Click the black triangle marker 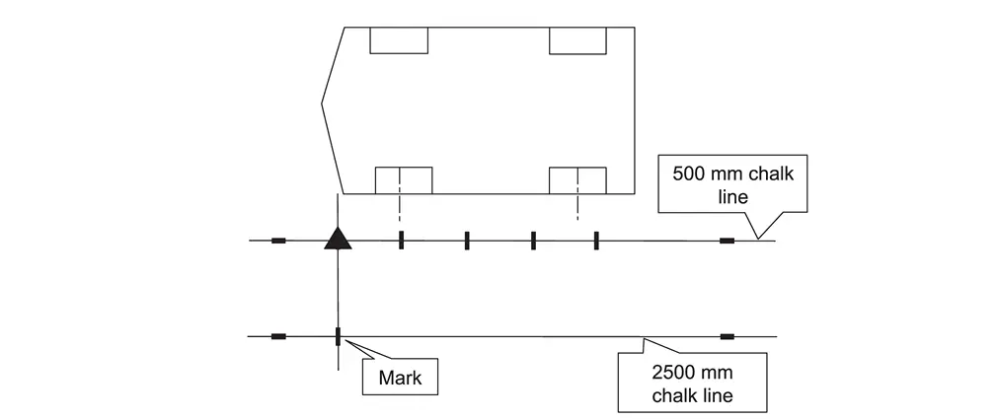(x=338, y=239)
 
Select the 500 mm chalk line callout (x=732, y=184)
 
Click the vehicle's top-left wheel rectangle (x=398, y=39)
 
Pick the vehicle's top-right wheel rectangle (x=577, y=39)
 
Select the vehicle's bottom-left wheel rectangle (x=403, y=180)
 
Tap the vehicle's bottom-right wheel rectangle (x=577, y=180)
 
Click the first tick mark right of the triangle (x=401, y=241)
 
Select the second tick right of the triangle (x=467, y=241)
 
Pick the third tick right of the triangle (x=533, y=241)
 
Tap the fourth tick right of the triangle (x=596, y=241)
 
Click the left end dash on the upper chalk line (x=278, y=241)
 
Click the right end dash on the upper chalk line (x=728, y=241)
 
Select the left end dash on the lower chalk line (x=278, y=337)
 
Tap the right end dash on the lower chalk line (x=728, y=337)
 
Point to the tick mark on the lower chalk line (x=338, y=337)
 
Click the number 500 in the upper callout (x=689, y=174)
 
